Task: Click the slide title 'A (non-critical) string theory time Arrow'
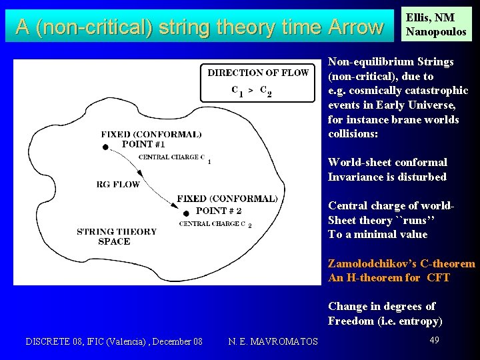(x=199, y=27)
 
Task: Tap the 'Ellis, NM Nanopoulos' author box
(x=436, y=25)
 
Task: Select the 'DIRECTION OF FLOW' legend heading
(x=258, y=73)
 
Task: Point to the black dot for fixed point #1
(x=105, y=147)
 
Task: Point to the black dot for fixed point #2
(x=185, y=213)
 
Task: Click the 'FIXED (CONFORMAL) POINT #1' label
(x=151, y=139)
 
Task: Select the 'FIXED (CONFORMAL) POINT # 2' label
(x=227, y=204)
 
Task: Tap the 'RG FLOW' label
(x=118, y=184)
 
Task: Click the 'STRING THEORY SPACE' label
(x=116, y=237)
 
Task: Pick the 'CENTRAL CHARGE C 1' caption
(x=173, y=157)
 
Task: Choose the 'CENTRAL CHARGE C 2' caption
(x=215, y=224)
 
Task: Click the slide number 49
(x=434, y=340)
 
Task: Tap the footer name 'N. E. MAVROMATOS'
(x=273, y=341)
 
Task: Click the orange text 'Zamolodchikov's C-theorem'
(x=401, y=263)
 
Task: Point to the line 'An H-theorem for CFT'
(x=389, y=277)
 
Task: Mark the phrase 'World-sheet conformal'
(x=387, y=162)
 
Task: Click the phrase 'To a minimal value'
(x=377, y=234)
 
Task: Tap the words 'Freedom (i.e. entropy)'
(x=385, y=321)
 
